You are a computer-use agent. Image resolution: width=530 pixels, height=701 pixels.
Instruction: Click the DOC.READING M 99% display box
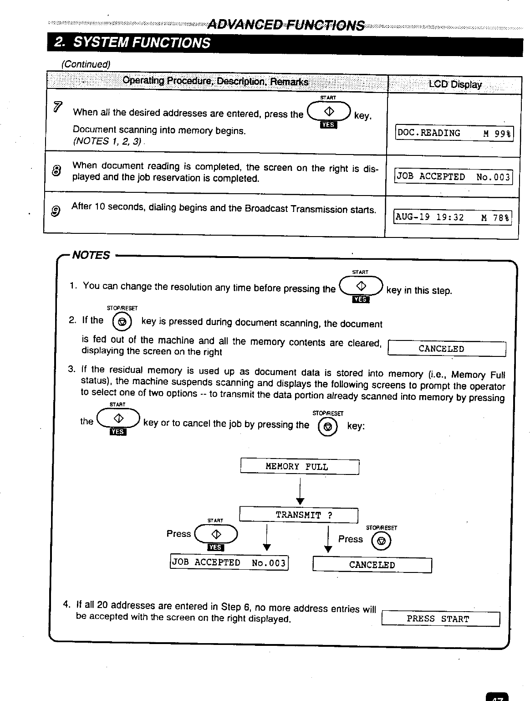click(454, 133)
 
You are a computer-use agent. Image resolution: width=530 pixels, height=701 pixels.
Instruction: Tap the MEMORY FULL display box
click(300, 467)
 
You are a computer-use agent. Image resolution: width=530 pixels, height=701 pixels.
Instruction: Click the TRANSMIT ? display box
click(299, 515)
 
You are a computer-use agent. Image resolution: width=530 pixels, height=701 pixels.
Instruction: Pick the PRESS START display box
click(440, 619)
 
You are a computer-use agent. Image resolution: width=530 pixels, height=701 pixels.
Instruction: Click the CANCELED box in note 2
click(446, 349)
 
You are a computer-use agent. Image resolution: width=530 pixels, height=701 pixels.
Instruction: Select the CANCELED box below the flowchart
click(372, 565)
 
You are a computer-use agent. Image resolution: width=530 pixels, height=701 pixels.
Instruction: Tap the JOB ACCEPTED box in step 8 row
click(454, 177)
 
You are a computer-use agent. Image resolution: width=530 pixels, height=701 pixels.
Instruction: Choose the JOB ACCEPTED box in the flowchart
click(229, 562)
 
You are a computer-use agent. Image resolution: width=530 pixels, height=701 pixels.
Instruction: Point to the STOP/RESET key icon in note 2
click(122, 322)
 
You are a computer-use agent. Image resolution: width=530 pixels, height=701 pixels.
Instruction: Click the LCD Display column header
click(454, 85)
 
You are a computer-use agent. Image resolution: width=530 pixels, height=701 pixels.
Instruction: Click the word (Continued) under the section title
click(86, 64)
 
